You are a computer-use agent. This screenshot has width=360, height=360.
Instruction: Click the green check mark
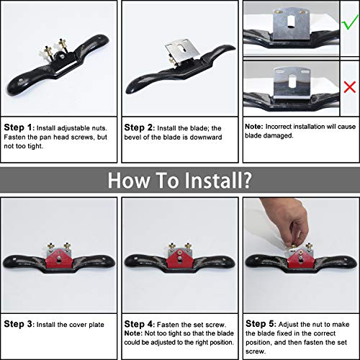(x=349, y=24)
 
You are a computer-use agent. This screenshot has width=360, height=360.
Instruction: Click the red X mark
(x=350, y=87)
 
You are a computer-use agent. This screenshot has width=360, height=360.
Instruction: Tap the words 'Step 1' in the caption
(x=18, y=127)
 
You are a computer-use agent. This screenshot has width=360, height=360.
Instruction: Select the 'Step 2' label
(x=138, y=127)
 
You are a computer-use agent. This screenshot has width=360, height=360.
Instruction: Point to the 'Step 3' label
(x=18, y=324)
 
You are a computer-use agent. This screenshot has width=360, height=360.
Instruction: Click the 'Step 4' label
(x=138, y=324)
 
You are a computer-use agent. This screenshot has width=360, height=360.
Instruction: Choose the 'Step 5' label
(x=260, y=324)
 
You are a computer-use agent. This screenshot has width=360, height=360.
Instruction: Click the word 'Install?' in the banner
(x=218, y=180)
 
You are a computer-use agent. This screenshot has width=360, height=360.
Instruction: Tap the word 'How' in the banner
(x=128, y=180)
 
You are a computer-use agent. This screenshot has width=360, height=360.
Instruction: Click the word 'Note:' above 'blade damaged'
(x=254, y=127)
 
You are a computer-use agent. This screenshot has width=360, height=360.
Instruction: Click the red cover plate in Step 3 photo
(x=58, y=258)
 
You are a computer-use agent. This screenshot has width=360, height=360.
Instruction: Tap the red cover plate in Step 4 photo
(x=179, y=258)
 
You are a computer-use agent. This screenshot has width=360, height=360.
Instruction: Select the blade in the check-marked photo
(x=291, y=24)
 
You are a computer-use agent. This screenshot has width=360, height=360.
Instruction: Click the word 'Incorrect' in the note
(x=279, y=127)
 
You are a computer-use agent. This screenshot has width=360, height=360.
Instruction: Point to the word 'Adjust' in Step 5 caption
(x=288, y=325)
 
